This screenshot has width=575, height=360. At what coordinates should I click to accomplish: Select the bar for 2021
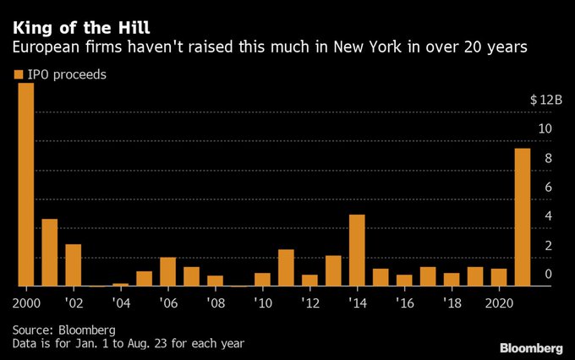pyautogui.click(x=523, y=217)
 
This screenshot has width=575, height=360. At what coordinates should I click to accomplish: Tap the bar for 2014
pyautogui.click(x=357, y=250)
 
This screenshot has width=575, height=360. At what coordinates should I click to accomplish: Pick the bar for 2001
pyautogui.click(x=49, y=253)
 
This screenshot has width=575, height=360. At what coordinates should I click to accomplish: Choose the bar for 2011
pyautogui.click(x=286, y=268)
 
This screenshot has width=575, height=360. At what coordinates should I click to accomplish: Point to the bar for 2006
pyautogui.click(x=167, y=271)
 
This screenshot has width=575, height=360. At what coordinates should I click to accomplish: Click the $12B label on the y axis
pyautogui.click(x=546, y=100)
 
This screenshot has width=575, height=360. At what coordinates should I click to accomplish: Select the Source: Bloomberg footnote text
pyautogui.click(x=63, y=329)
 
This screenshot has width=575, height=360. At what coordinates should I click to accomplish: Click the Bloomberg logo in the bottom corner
pyautogui.click(x=531, y=347)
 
